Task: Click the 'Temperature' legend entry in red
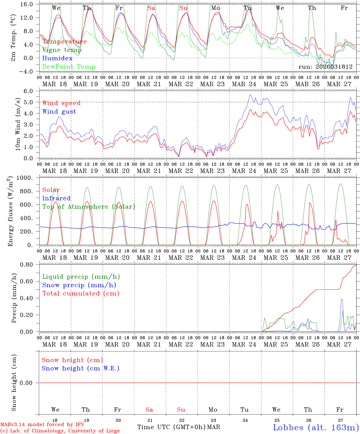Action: [64, 42]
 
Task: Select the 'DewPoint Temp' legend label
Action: [68, 67]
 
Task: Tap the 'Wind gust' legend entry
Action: [59, 112]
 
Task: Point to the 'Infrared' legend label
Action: [56, 198]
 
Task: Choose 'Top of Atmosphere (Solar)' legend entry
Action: [88, 207]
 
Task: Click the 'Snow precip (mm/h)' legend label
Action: [79, 285]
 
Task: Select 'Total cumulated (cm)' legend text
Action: [81, 293]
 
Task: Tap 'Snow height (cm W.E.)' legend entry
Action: [81, 368]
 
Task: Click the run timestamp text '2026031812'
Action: [334, 67]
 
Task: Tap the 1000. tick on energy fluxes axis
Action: [28, 178]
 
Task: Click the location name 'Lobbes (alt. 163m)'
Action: [316, 427]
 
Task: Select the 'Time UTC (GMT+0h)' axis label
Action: [172, 427]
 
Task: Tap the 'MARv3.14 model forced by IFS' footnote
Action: [42, 425]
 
